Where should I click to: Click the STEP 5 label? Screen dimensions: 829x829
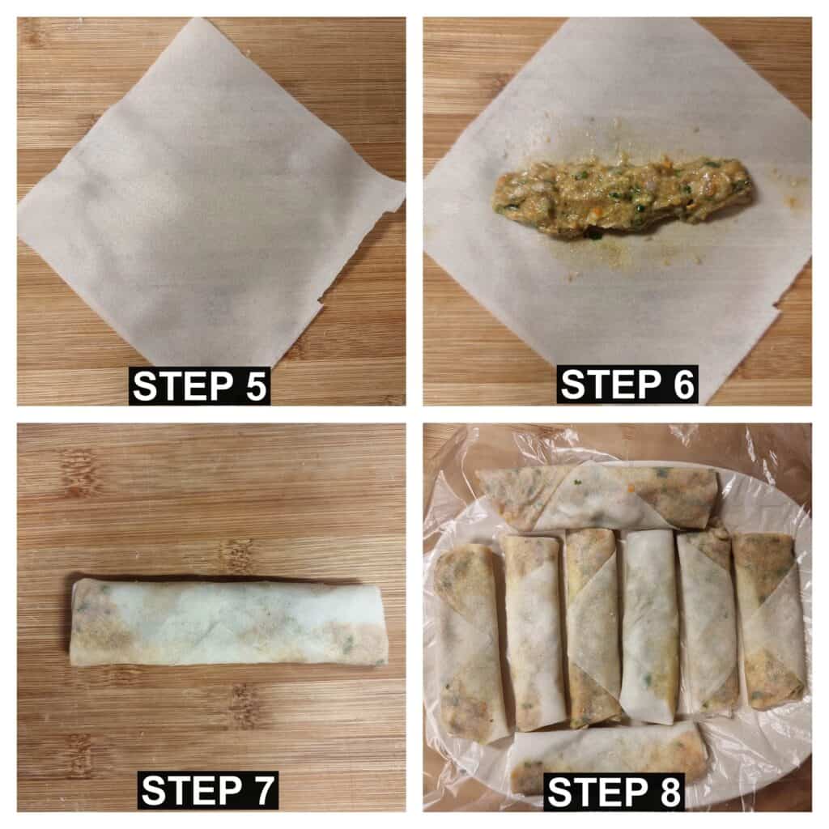point(199,386)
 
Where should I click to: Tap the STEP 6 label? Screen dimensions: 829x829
point(627,385)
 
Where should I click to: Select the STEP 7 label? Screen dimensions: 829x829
point(208,790)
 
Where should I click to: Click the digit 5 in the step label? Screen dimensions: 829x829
point(255,386)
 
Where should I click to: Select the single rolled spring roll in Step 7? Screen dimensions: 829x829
point(228,623)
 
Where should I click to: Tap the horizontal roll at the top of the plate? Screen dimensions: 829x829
point(597,498)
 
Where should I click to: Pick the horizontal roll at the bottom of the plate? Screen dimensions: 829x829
point(608,757)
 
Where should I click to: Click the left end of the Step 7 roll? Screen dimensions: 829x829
point(72,621)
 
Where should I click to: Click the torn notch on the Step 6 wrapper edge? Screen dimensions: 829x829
point(775,308)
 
